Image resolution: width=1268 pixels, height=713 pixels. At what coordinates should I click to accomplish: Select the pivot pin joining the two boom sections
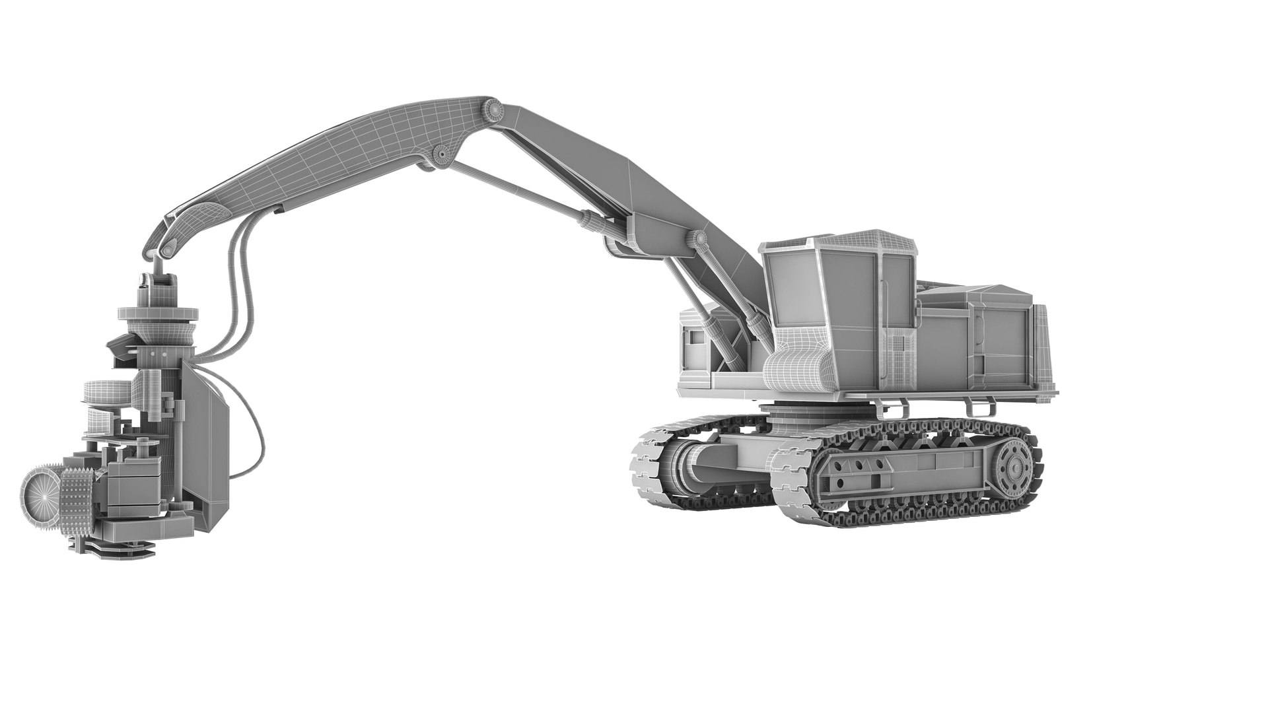tap(491, 109)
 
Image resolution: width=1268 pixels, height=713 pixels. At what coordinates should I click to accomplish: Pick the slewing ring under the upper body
tap(790, 412)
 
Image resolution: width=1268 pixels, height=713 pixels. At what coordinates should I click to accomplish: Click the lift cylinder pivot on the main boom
tap(697, 237)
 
